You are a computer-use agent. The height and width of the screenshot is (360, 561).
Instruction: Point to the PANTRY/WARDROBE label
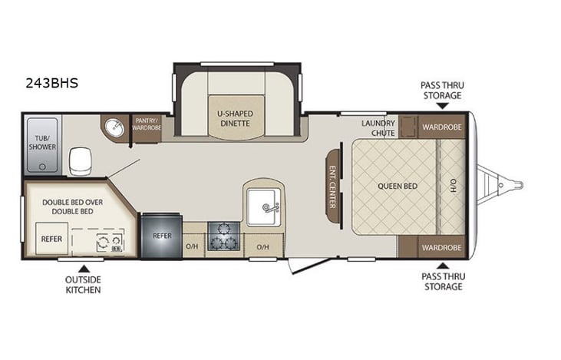coord(147,124)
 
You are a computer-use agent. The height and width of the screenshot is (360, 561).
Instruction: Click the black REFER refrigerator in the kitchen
coord(162,236)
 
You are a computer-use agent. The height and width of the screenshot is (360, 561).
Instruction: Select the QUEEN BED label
coord(397,185)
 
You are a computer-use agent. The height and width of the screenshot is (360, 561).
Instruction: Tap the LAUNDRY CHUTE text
coord(379,127)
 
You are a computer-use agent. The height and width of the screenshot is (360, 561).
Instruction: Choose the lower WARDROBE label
coord(441,248)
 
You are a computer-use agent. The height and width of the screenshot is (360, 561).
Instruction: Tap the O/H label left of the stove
coord(191,246)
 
